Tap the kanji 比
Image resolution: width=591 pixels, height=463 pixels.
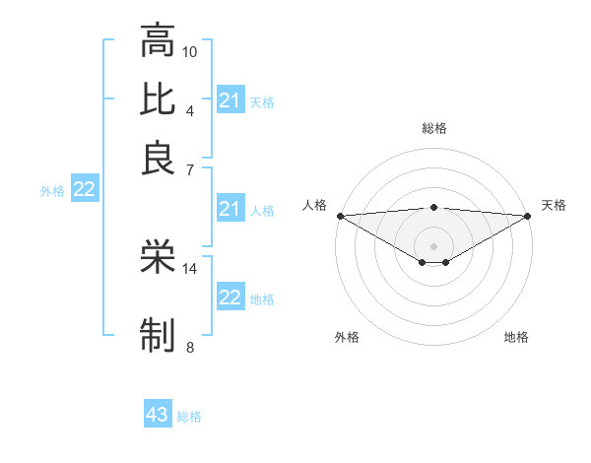click(x=158, y=99)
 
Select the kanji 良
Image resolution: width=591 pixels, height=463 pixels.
click(x=158, y=158)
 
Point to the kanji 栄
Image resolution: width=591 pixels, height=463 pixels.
click(x=158, y=258)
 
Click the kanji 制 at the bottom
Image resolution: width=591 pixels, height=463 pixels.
click(x=158, y=335)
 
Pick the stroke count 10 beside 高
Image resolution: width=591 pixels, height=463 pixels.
click(x=190, y=50)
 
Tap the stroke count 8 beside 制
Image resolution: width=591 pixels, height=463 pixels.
click(x=190, y=346)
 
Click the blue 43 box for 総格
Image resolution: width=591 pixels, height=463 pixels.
click(x=158, y=415)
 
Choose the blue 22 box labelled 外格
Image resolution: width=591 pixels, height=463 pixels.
click(x=84, y=189)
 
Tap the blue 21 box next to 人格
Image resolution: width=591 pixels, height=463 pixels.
click(x=230, y=209)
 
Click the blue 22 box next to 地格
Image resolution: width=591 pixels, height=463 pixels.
click(x=230, y=298)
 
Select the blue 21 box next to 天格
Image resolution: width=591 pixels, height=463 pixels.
click(x=230, y=100)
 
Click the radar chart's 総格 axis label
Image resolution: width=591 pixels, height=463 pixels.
click(x=433, y=128)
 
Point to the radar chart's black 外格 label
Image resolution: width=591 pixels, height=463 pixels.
click(x=347, y=337)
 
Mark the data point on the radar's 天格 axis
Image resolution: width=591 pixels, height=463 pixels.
click(x=529, y=216)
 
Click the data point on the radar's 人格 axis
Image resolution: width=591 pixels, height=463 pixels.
click(x=339, y=216)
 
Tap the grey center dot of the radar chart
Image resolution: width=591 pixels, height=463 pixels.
click(x=433, y=245)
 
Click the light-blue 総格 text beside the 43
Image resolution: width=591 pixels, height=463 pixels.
click(x=189, y=417)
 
